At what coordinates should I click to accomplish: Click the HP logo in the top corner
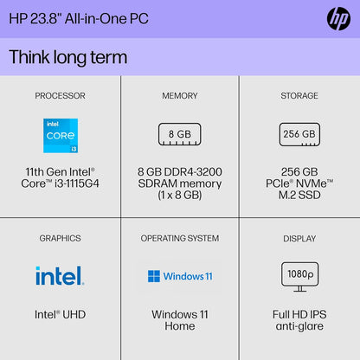tap(337, 18)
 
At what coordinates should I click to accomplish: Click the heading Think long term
tap(67, 57)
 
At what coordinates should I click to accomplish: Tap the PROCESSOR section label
tap(60, 95)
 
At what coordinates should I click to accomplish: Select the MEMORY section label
tap(180, 95)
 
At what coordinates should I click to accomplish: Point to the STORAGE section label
tap(299, 95)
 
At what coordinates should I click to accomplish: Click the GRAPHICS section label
tap(60, 238)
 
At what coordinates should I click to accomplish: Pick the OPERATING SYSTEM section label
tap(180, 238)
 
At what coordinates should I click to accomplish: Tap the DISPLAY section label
tap(299, 238)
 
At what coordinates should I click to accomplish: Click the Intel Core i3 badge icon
tap(61, 136)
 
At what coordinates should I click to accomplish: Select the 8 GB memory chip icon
tap(179, 134)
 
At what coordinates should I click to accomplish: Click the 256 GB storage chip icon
tap(299, 134)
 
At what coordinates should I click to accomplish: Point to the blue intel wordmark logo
tap(60, 276)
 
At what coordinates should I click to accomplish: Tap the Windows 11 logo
tap(179, 277)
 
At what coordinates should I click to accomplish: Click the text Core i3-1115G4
tap(60, 183)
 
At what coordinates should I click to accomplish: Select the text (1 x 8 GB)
tap(179, 196)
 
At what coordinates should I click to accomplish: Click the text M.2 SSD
tap(299, 196)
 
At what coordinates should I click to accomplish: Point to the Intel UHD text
tap(60, 314)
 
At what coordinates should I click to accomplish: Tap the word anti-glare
tap(299, 326)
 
